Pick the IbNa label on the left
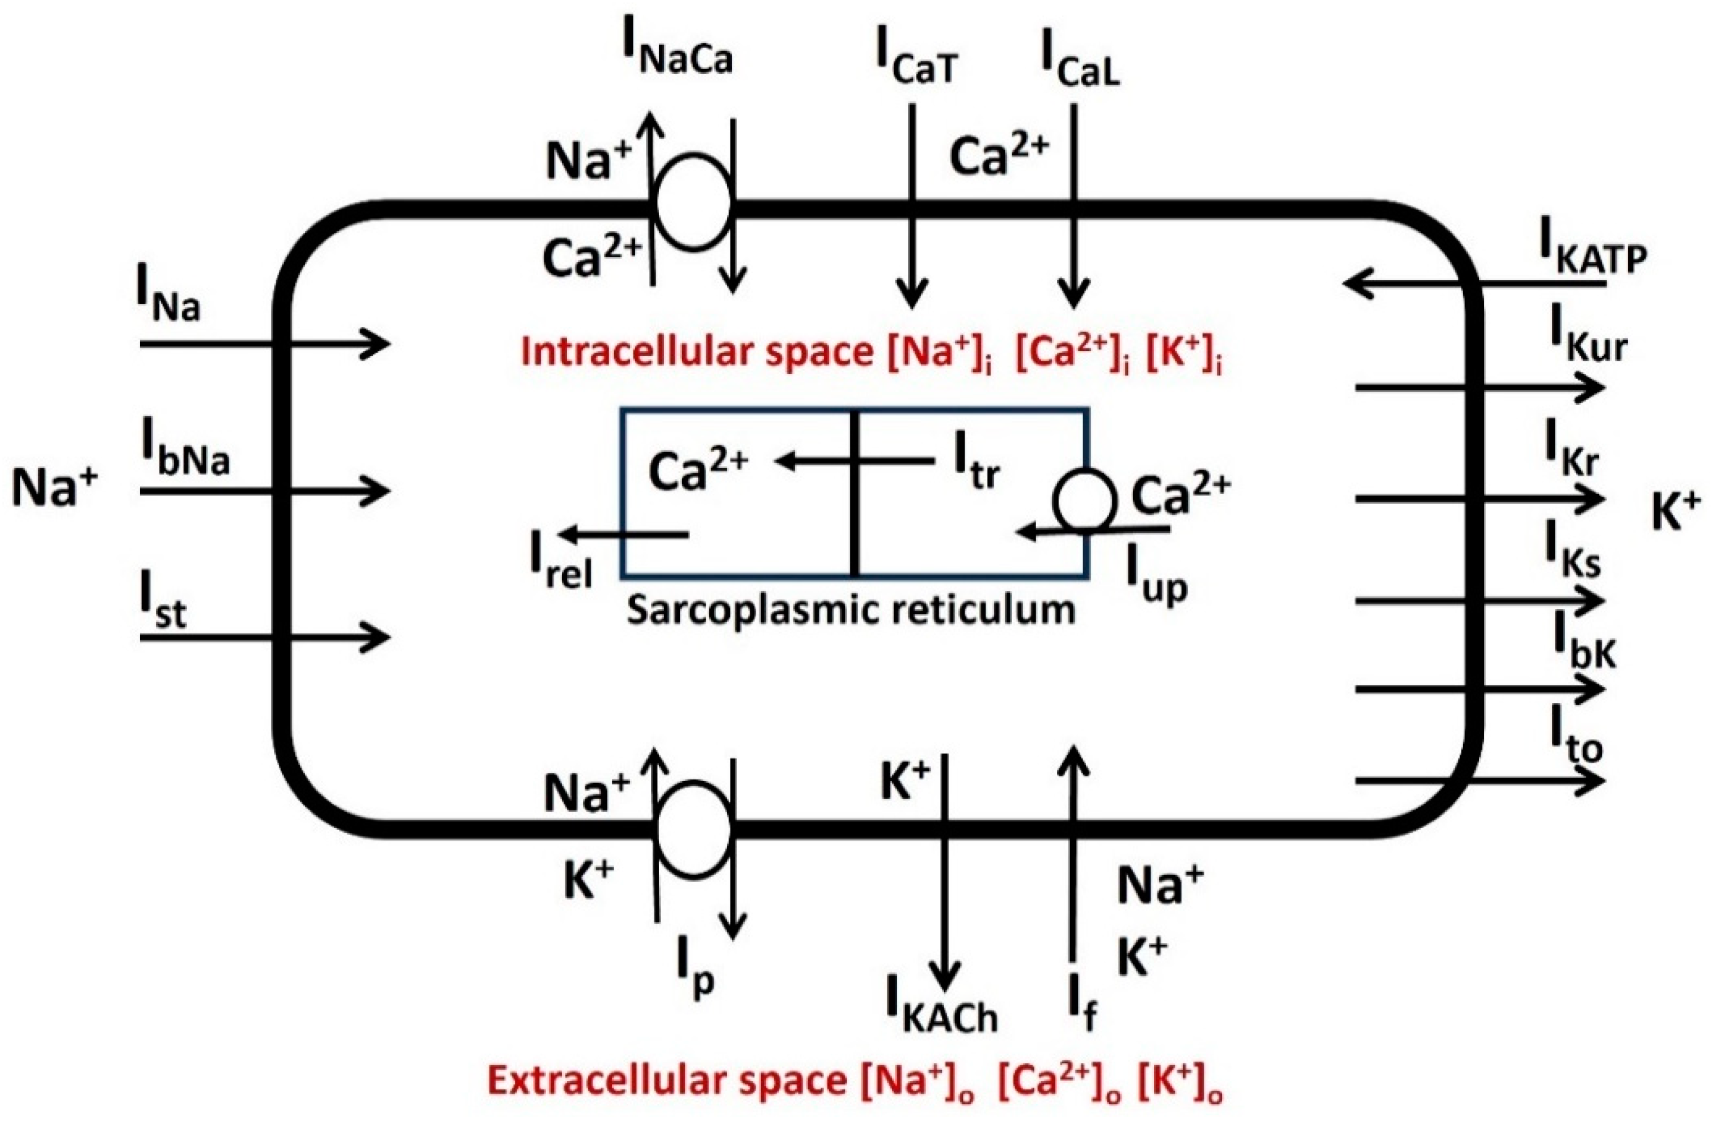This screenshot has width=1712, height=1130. point(185,455)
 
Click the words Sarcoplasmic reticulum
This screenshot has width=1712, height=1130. point(850,610)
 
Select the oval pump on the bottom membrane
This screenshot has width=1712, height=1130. point(694,828)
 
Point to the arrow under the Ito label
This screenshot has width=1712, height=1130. point(1478,780)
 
